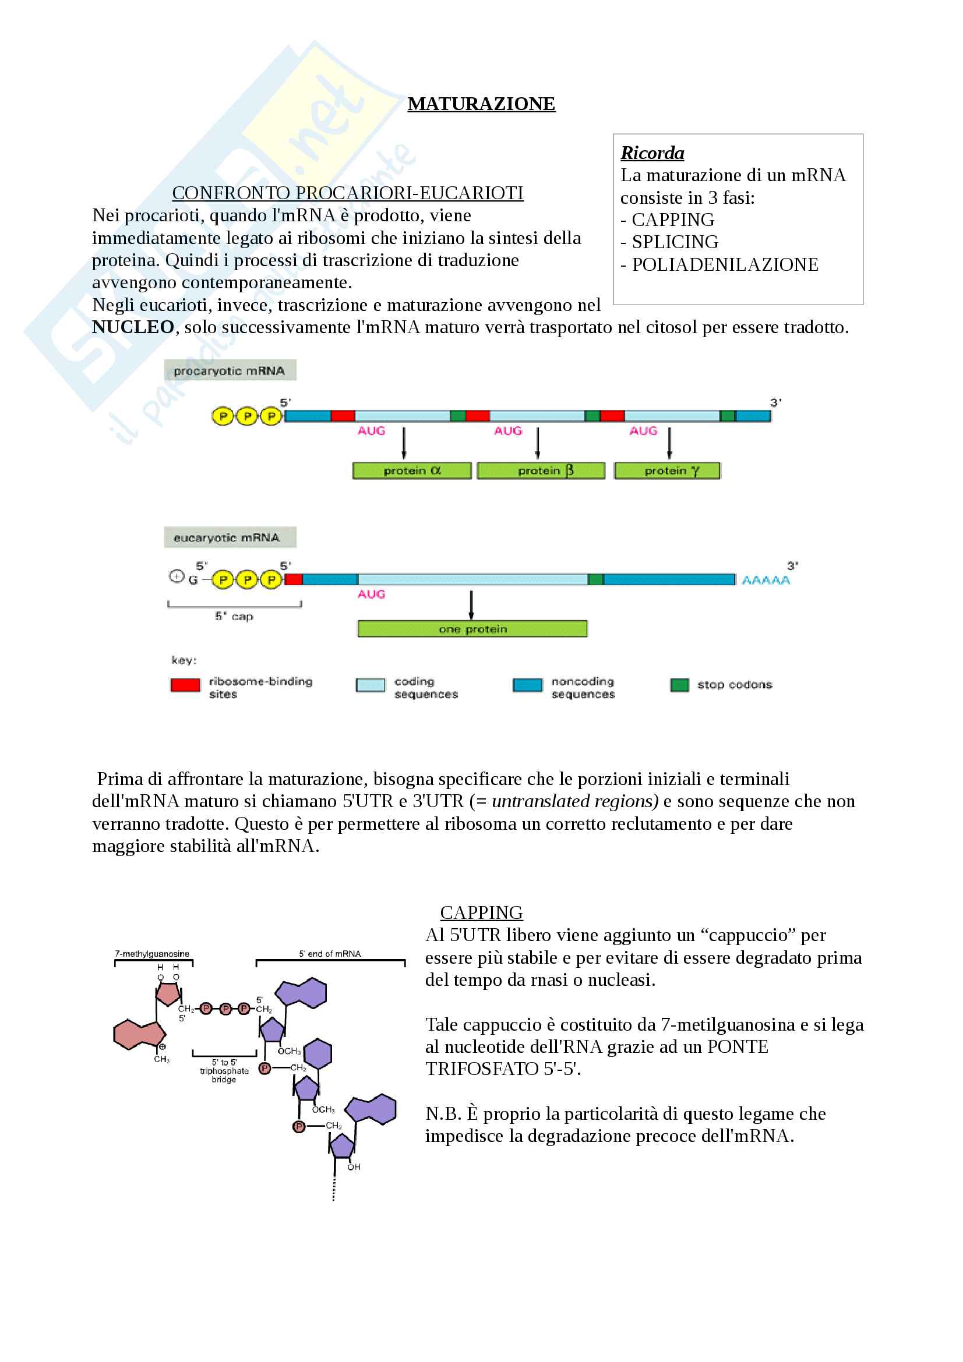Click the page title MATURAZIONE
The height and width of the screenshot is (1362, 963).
click(481, 104)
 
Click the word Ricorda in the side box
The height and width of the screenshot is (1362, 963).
click(652, 153)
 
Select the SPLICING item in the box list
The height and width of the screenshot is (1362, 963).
click(675, 242)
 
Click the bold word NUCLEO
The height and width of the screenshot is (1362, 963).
click(133, 327)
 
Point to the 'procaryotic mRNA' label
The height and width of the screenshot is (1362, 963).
click(230, 371)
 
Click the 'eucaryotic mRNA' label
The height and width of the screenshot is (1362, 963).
click(230, 537)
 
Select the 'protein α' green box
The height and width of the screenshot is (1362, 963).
click(412, 471)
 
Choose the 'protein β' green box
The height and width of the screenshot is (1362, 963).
click(541, 471)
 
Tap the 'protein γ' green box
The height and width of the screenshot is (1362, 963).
click(667, 471)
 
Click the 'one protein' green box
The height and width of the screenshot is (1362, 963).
click(472, 629)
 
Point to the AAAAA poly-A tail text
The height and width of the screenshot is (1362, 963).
click(766, 580)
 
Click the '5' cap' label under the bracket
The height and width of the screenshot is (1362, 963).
click(234, 616)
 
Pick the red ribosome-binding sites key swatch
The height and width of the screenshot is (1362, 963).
click(185, 685)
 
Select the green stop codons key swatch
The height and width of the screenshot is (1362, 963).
click(679, 685)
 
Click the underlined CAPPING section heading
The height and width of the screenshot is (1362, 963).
click(481, 912)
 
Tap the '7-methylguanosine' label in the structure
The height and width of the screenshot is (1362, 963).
click(152, 954)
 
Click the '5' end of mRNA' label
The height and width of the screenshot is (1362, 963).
click(330, 954)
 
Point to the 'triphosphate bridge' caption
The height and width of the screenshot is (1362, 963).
click(224, 1071)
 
